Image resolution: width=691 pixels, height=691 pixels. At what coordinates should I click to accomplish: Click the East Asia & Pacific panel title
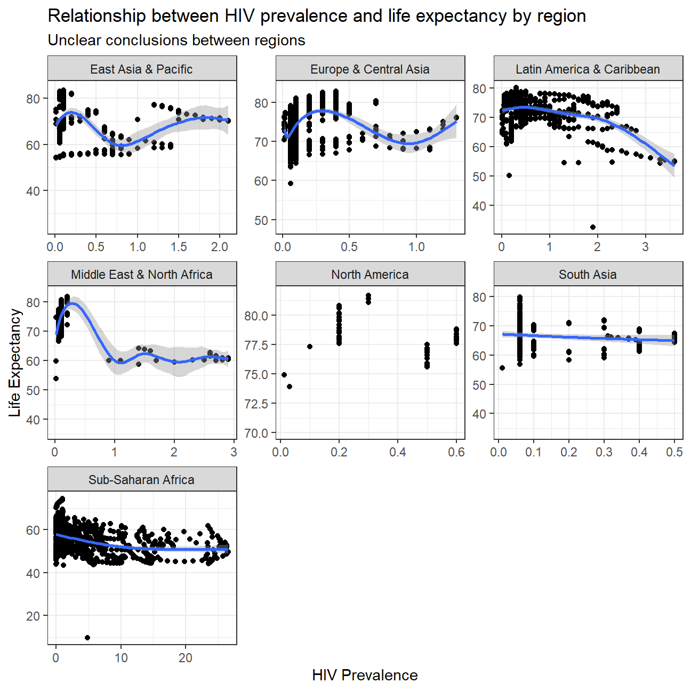[141, 69]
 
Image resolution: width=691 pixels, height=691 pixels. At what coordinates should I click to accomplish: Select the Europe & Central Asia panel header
[369, 69]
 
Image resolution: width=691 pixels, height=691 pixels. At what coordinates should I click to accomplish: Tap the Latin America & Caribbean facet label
[588, 69]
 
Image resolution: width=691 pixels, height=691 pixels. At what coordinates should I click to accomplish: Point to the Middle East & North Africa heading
[141, 275]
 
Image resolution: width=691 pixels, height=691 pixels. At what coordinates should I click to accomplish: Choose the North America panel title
[369, 275]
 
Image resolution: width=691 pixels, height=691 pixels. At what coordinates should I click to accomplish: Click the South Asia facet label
[588, 275]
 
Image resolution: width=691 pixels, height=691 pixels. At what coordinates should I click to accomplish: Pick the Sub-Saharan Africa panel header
[141, 480]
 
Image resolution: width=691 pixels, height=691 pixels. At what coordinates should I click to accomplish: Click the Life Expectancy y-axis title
[15, 363]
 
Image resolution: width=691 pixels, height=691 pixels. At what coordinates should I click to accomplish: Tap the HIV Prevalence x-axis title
[365, 675]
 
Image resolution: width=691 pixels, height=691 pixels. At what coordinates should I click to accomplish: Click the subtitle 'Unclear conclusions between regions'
[176, 41]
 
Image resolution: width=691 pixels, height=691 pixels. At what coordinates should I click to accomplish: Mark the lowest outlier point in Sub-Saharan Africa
[87, 638]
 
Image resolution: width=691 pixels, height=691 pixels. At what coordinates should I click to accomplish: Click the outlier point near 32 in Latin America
[593, 227]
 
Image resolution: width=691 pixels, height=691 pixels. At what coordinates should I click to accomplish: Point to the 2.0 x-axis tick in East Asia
[220, 247]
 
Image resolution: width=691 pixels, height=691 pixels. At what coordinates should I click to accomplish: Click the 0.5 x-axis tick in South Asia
[674, 452]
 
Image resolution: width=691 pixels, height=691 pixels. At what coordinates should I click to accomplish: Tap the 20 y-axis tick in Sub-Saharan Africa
[34, 616]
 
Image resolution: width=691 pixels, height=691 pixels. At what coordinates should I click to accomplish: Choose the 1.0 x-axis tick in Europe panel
[416, 247]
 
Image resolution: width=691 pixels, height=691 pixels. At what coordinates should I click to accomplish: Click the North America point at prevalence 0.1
[310, 347]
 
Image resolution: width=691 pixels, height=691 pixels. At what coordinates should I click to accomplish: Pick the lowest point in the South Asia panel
[502, 368]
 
